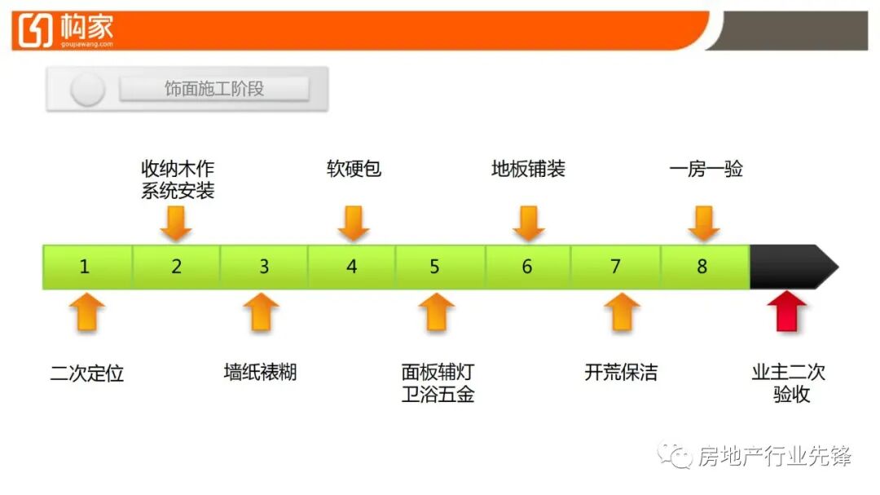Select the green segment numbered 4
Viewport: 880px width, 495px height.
coord(352,266)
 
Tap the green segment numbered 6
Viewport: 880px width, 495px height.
coord(528,266)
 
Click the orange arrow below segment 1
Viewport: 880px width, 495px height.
coord(87,312)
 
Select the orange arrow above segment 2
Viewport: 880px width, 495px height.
coord(176,223)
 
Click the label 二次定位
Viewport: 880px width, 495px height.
coord(87,373)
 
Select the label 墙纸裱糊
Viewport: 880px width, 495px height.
coord(260,373)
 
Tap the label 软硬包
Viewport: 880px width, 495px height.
coord(354,169)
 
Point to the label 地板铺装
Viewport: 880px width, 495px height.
coord(528,169)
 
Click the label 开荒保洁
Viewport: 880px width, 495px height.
coord(621,373)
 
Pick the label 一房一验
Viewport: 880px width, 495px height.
coord(706,169)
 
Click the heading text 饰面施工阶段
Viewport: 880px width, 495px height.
coord(214,89)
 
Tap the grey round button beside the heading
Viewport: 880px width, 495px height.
coord(87,89)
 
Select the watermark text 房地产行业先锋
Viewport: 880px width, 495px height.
coord(773,456)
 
